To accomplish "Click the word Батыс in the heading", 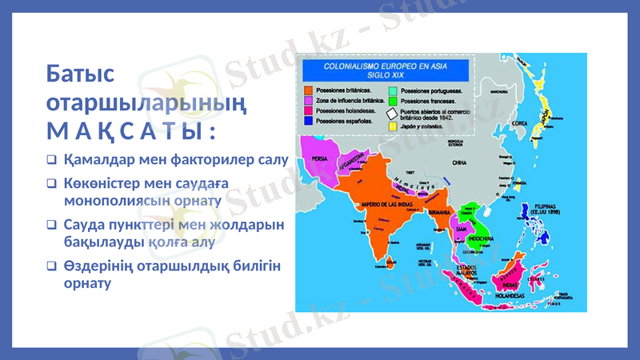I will point(80,75).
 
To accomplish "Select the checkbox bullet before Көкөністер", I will point(51,183).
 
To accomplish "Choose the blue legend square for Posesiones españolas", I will point(307,121).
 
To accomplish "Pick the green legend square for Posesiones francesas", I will point(392,102).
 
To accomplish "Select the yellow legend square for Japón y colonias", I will point(392,126).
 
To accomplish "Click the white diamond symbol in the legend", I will point(392,114).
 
